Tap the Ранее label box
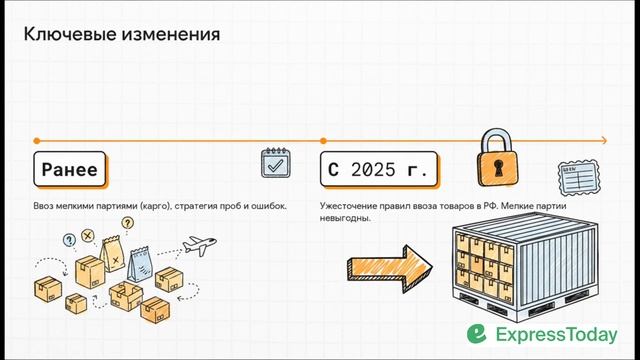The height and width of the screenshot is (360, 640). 69,169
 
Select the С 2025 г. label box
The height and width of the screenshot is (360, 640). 379,169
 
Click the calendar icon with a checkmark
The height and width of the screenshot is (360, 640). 274,162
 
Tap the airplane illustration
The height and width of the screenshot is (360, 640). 197,245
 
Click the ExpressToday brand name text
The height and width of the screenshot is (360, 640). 557,334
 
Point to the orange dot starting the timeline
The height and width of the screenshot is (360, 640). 36,141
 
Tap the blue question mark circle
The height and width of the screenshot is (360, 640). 69,240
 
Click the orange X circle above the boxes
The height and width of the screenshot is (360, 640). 89,236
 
